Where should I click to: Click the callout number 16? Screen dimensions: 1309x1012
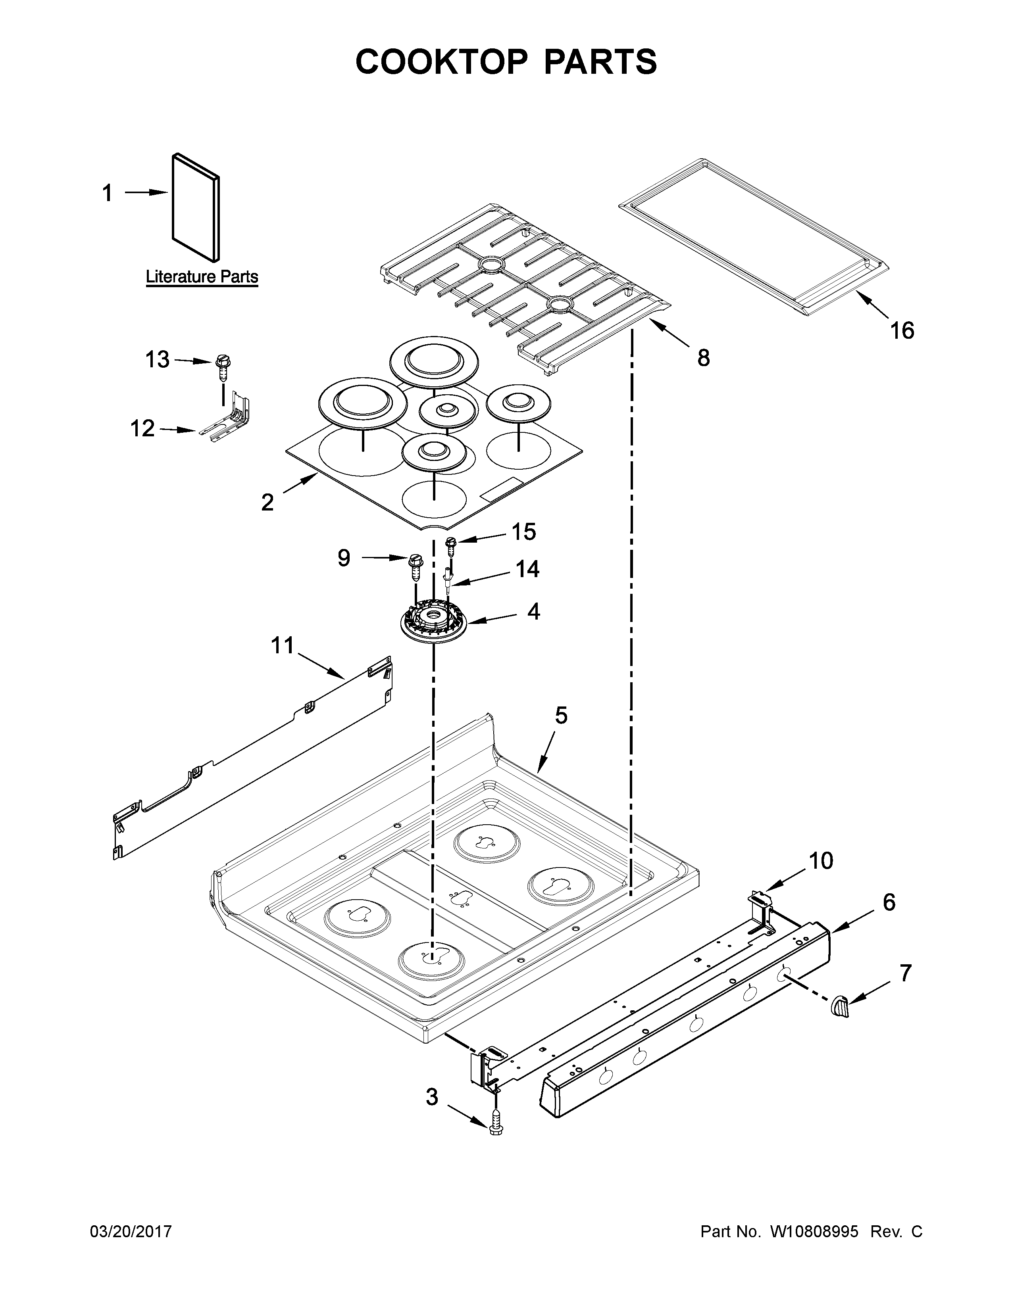pos(902,330)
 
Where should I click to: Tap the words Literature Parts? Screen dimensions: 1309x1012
pos(202,277)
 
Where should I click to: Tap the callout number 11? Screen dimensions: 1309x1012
pos(283,645)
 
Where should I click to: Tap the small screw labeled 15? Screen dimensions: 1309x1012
pos(451,545)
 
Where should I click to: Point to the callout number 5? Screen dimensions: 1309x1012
pos(560,715)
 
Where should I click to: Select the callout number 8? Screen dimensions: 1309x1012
pos(703,358)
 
